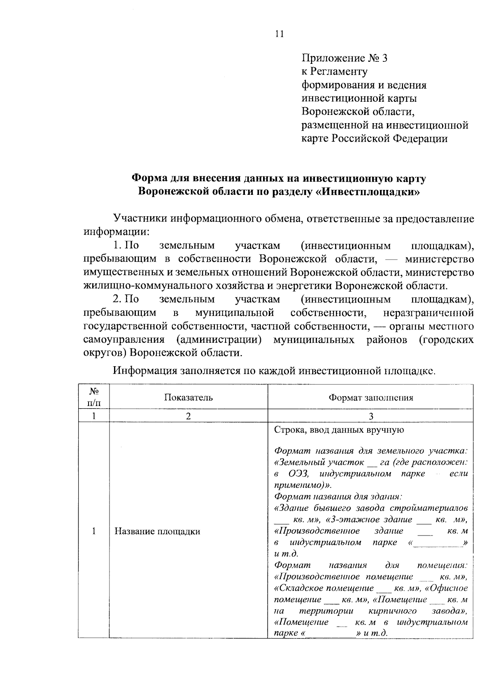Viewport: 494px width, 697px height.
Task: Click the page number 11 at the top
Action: pyautogui.click(x=279, y=34)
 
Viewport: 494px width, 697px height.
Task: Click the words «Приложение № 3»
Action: pyautogui.click(x=345, y=58)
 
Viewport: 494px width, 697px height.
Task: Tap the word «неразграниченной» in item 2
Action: pyautogui.click(x=428, y=313)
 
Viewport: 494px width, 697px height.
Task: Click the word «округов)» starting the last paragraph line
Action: pyautogui.click(x=105, y=353)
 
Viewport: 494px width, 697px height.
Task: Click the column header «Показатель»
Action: pyautogui.click(x=188, y=398)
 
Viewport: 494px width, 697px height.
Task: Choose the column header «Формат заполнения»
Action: pyautogui.click(x=370, y=398)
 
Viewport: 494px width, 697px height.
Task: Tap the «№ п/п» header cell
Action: pyautogui.click(x=94, y=396)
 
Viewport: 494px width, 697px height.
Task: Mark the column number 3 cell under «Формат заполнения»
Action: pyautogui.click(x=370, y=416)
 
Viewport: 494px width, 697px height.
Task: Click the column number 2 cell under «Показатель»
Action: pyautogui.click(x=188, y=416)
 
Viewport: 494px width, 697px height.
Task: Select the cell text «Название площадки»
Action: pyautogui.click(x=157, y=531)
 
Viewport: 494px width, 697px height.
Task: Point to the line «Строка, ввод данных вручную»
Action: pyautogui.click(x=339, y=430)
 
